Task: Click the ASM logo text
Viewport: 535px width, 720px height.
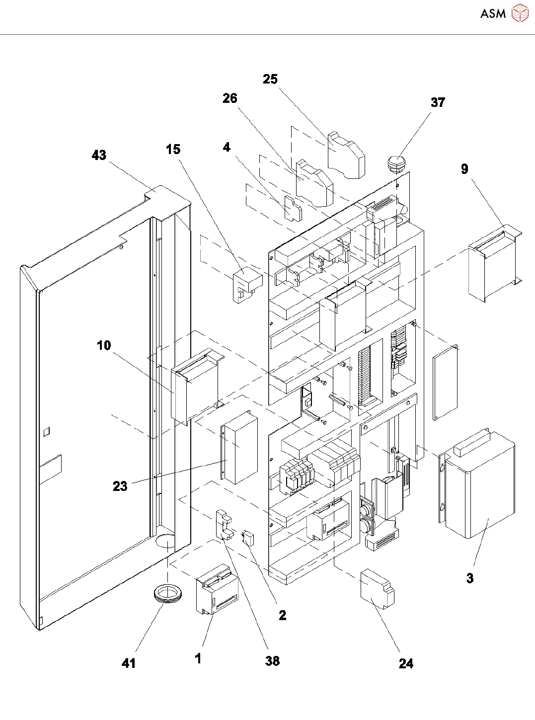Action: coord(493,14)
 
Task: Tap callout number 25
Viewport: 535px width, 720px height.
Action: coord(270,79)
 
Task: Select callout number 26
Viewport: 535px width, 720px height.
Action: coord(230,98)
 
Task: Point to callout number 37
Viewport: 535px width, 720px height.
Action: coord(438,102)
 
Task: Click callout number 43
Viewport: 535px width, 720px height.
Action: coord(99,155)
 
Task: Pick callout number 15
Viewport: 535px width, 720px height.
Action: coord(173,149)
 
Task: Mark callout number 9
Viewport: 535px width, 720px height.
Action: coord(464,169)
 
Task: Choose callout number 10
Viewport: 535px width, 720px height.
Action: coord(104,345)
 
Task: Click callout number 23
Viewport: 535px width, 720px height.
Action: coord(120,486)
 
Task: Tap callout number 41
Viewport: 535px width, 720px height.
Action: coord(129,663)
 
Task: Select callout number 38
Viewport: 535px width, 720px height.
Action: coord(272,661)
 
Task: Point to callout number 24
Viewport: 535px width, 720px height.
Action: coord(406,663)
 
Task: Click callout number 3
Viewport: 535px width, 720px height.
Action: coord(470,578)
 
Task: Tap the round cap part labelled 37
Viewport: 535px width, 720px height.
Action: coord(395,162)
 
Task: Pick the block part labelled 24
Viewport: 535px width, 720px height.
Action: coord(377,588)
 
